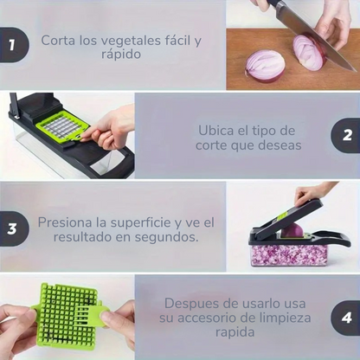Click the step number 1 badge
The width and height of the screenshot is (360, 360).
14,45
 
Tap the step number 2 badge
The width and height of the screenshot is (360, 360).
346,135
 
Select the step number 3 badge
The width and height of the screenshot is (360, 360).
14,228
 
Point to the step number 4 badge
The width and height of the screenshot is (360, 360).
346,318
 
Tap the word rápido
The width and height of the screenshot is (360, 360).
121,55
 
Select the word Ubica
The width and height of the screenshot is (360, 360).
215,131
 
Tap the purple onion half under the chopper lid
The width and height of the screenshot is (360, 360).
292,230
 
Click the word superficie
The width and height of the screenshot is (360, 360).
138,223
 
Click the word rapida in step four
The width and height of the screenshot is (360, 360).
235,333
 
